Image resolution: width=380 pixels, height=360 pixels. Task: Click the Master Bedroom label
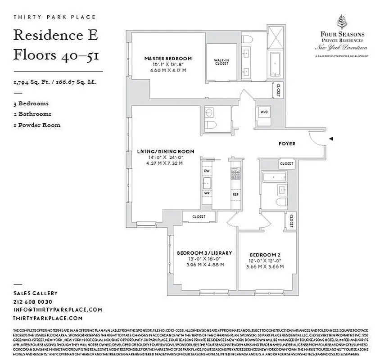pos(167,58)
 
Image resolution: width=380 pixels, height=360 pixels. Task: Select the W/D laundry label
pos(263,111)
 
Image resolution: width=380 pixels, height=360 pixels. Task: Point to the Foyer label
pos(287,144)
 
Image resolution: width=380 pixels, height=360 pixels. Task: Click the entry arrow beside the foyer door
pos(331,139)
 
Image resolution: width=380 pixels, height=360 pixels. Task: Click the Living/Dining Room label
pos(166,152)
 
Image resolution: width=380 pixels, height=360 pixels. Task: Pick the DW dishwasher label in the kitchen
pos(207,171)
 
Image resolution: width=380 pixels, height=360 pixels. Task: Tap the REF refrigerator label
pos(235,194)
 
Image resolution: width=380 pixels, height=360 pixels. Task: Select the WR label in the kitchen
pos(207,193)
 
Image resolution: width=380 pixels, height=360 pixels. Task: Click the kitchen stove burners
pos(235,173)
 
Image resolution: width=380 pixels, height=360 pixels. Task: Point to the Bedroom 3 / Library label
pos(204,253)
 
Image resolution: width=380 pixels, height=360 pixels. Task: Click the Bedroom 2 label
pos(265,255)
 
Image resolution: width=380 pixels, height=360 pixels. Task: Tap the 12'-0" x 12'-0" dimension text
pos(265,261)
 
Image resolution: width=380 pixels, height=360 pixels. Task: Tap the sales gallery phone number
pos(33,301)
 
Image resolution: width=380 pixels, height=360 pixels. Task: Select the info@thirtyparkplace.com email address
pos(58,310)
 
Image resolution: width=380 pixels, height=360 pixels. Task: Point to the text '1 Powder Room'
pos(37,125)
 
